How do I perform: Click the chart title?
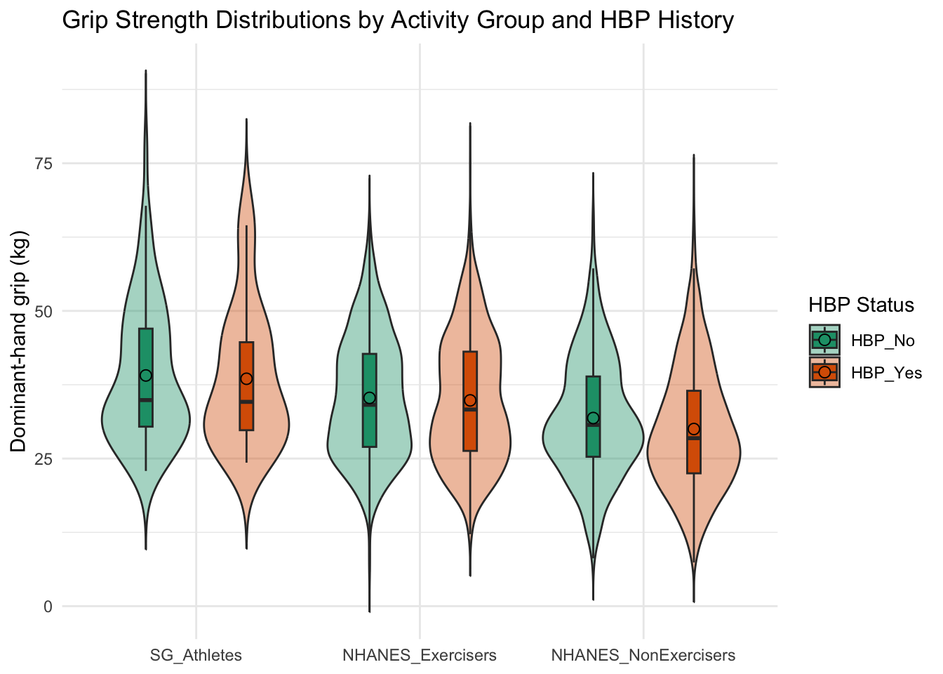[x=398, y=20]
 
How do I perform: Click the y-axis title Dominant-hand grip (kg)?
[x=18, y=342]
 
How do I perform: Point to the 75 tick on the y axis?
[x=44, y=164]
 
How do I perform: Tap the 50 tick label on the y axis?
[x=44, y=311]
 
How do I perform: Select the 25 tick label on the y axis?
[x=44, y=459]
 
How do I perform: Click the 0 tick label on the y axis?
[x=48, y=607]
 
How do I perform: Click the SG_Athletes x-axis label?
[x=196, y=656]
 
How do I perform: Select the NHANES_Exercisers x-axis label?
[x=420, y=656]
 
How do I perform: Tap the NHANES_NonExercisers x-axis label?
[x=643, y=656]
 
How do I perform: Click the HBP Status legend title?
[x=862, y=305]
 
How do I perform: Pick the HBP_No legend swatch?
[x=824, y=340]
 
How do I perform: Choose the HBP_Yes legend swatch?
[x=824, y=372]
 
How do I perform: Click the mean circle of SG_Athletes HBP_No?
[x=146, y=376]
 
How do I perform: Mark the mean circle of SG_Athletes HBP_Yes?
[x=246, y=378]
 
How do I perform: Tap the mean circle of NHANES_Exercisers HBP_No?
[x=369, y=397]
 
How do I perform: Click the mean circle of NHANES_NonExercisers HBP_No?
[x=593, y=418]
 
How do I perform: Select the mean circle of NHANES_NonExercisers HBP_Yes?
[x=694, y=429]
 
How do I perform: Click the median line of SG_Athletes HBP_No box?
[x=146, y=400]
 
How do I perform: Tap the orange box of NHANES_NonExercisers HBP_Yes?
[x=694, y=432]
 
